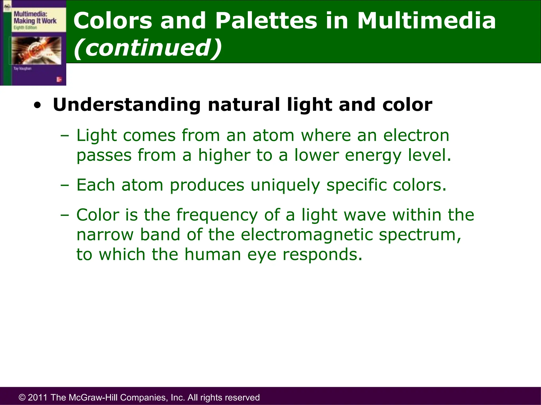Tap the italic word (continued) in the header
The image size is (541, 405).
[148, 48]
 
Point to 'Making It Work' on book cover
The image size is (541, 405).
[35, 21]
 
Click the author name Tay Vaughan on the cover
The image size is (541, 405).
[22, 69]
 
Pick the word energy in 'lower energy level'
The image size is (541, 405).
[373, 156]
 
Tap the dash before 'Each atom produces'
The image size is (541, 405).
[64, 185]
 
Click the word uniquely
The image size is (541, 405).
[285, 185]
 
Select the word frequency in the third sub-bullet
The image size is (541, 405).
[217, 215]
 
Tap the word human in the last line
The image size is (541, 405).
[213, 254]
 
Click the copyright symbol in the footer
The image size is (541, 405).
[22, 397]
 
